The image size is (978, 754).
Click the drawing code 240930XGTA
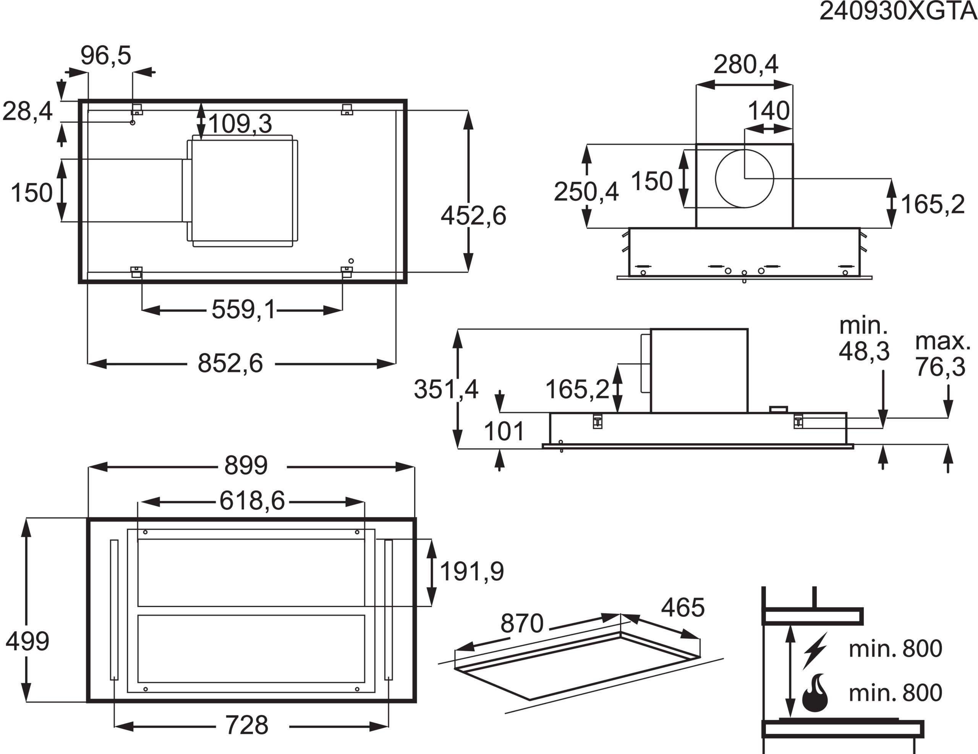pos(898,11)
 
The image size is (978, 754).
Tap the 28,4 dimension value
pos(28,111)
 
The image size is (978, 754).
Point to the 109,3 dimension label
pos(240,124)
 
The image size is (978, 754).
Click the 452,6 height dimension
pos(473,216)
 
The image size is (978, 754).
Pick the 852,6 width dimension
pos(230,363)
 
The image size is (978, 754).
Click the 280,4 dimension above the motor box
pos(746,65)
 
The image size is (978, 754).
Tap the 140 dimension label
pos(768,111)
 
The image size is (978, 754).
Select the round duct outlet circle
pos(744,179)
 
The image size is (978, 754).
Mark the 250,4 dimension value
pos(586,192)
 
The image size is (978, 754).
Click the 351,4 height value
pos(446,389)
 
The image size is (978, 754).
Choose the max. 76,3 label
pos(942,354)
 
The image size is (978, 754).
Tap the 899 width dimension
pos(246,465)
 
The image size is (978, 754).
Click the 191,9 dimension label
pos(472,572)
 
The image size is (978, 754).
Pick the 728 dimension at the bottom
pos(247,725)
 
